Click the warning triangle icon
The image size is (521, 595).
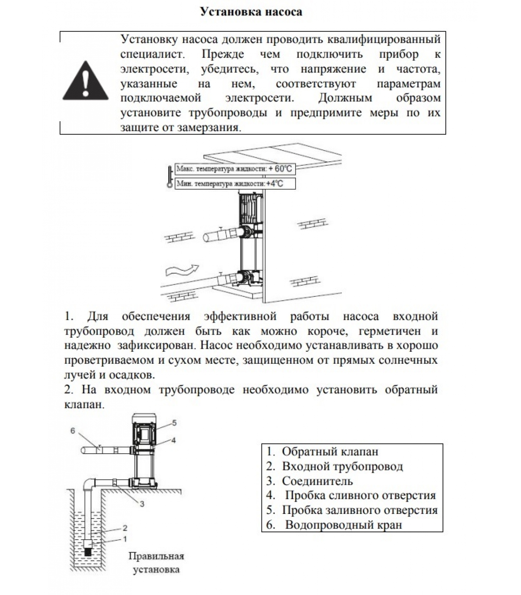[86, 81]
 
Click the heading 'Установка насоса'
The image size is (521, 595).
[251, 12]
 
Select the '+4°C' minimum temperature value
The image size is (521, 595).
[275, 184]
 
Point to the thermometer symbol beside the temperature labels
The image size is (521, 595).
[170, 176]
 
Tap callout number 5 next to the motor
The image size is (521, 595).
[174, 423]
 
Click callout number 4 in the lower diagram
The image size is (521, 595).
[173, 440]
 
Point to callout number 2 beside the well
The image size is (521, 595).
[125, 528]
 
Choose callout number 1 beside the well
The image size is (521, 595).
[125, 538]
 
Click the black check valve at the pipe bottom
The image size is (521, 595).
[88, 552]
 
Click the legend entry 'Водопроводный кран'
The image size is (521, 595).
[334, 525]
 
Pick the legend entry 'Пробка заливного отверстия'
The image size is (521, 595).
[352, 510]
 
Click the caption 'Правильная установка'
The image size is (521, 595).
[156, 563]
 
